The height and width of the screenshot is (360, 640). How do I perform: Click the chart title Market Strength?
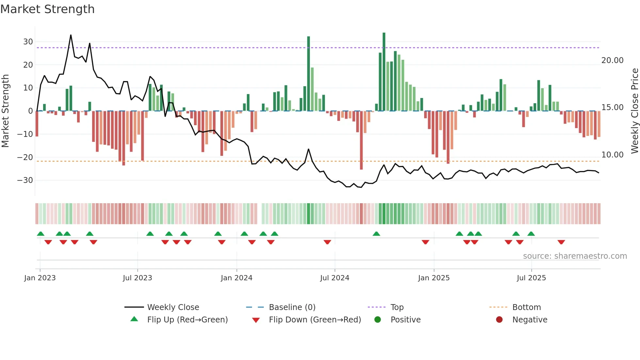click(47, 9)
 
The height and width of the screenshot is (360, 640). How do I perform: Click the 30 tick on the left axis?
click(28, 42)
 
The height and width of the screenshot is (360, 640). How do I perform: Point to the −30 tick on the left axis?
click(25, 180)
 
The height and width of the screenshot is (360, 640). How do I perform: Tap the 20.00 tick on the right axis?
click(612, 60)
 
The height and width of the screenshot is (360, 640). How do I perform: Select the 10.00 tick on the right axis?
click(612, 155)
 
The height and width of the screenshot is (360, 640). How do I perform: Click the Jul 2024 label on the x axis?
click(335, 278)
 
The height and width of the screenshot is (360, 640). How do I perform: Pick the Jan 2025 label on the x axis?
click(434, 278)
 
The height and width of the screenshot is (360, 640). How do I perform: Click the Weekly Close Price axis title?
click(634, 111)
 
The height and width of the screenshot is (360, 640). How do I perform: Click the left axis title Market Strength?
click(5, 111)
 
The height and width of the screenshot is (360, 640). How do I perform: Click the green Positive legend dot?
click(378, 320)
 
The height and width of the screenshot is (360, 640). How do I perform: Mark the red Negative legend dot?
click(499, 320)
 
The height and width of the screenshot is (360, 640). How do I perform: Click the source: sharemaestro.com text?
click(575, 256)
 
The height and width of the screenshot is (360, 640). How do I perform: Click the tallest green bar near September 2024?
click(384, 72)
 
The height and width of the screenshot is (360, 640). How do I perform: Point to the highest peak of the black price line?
click(71, 35)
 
